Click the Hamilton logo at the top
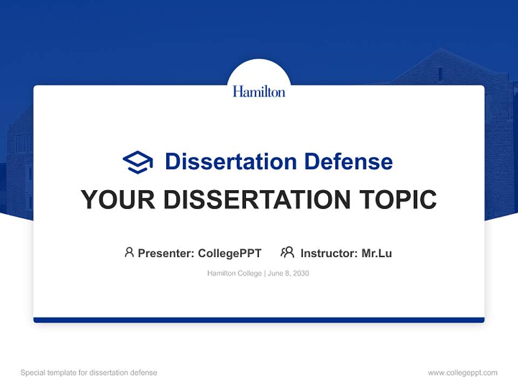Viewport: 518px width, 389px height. [x=259, y=91]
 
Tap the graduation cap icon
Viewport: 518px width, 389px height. [x=138, y=162]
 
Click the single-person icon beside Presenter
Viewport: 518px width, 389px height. [x=129, y=252]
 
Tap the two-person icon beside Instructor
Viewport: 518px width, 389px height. [x=288, y=252]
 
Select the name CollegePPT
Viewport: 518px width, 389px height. [x=229, y=253]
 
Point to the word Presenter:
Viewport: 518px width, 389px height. [x=166, y=253]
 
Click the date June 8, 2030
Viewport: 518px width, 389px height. [x=288, y=273]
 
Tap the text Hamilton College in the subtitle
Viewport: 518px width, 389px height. [x=234, y=273]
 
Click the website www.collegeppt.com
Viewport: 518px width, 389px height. [x=462, y=373]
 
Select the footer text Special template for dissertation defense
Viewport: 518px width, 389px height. [x=89, y=373]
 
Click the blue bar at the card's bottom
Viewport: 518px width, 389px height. [x=259, y=320]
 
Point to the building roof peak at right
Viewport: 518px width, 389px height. [x=441, y=50]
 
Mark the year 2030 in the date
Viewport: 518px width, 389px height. [x=301, y=273]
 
